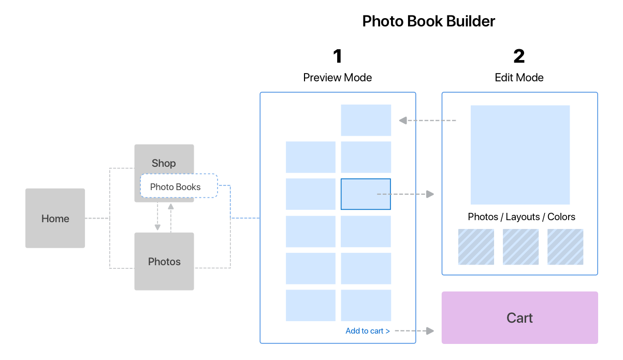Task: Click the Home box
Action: click(55, 218)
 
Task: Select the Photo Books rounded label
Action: click(179, 186)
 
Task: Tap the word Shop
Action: click(164, 163)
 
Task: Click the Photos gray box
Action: click(164, 261)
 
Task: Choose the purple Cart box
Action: click(519, 318)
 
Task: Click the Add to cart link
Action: click(368, 331)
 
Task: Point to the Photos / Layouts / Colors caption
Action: click(521, 217)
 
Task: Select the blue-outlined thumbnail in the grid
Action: click(366, 194)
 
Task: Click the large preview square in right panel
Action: click(520, 155)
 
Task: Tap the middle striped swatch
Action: click(520, 247)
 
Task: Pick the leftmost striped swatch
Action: click(476, 247)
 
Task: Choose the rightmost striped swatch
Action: click(565, 247)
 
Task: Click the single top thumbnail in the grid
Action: click(366, 120)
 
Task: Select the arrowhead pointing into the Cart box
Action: click(430, 330)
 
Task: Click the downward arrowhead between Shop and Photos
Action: click(157, 227)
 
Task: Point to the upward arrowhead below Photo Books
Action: click(171, 207)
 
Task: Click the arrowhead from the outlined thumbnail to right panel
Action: click(430, 194)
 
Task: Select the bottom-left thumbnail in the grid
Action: click(311, 305)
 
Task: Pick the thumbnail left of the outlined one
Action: click(311, 194)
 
